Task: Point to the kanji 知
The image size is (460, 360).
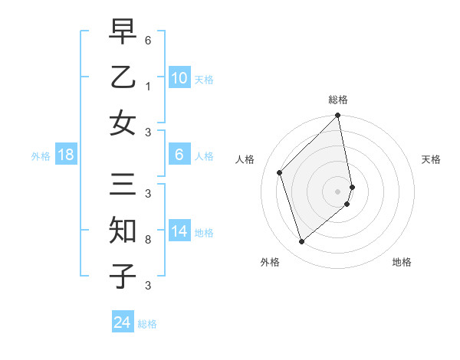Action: pyautogui.click(x=123, y=231)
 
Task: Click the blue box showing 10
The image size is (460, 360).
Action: pyautogui.click(x=179, y=77)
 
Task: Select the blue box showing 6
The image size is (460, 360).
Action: pyautogui.click(x=179, y=155)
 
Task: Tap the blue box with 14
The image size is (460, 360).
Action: pyautogui.click(x=179, y=231)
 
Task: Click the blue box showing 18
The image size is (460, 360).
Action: pyautogui.click(x=66, y=155)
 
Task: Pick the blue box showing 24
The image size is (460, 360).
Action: pyautogui.click(x=122, y=322)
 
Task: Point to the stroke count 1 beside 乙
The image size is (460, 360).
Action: pyautogui.click(x=147, y=87)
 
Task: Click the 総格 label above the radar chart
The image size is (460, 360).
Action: pyautogui.click(x=338, y=100)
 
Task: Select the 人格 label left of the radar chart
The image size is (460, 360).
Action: pyautogui.click(x=245, y=159)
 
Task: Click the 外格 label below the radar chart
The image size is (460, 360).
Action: pyautogui.click(x=270, y=263)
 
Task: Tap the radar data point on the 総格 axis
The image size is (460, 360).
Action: pyautogui.click(x=338, y=116)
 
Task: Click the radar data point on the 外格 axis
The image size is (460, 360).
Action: pyautogui.click(x=301, y=242)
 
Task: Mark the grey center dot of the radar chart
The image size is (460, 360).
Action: pyautogui.click(x=338, y=191)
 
